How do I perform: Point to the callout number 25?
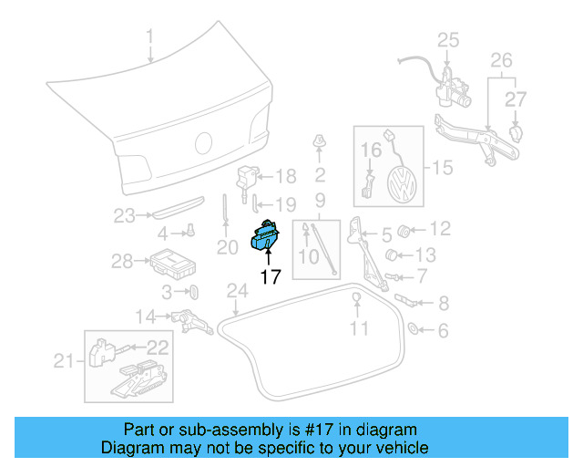(x=448, y=39)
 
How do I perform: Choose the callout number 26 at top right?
(x=502, y=62)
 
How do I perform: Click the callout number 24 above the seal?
(x=237, y=292)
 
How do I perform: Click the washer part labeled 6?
(x=413, y=328)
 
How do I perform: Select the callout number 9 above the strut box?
(x=320, y=199)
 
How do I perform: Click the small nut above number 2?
(x=320, y=140)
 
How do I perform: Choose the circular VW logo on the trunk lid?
(x=204, y=143)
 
